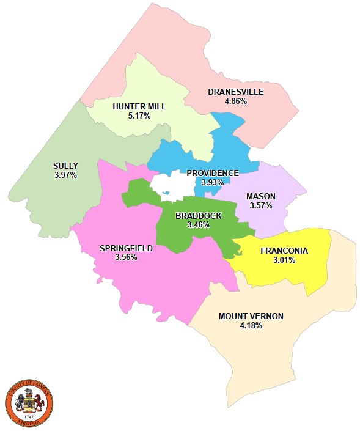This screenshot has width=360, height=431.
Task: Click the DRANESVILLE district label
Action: point(235,92)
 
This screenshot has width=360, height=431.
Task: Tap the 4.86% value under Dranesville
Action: point(235,101)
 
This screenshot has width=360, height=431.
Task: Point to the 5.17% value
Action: point(139,115)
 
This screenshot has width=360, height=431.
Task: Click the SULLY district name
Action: point(65,166)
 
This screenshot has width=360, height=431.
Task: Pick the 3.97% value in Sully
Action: point(65,175)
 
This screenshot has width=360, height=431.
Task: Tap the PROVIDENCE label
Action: point(212,173)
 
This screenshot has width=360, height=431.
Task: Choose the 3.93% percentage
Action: point(212,182)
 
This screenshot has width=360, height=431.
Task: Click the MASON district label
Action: point(260,196)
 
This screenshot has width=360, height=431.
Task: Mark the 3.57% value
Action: point(260,205)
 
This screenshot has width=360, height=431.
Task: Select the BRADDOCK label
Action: point(198,216)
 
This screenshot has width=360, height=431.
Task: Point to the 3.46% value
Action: point(198,224)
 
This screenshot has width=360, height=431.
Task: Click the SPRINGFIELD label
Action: point(126,248)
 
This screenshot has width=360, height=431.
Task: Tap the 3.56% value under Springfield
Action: point(126,257)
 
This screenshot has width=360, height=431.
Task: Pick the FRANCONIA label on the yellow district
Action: point(284,251)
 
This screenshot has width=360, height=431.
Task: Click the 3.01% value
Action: point(284,260)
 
